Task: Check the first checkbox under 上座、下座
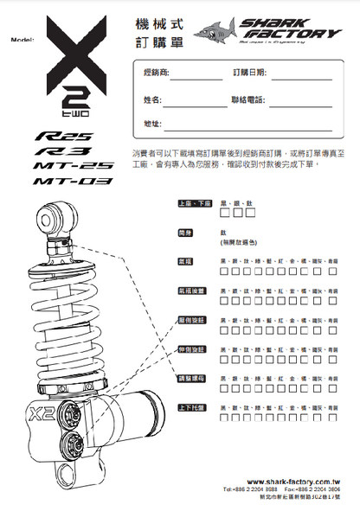point(225,213)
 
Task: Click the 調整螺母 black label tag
point(191,378)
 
